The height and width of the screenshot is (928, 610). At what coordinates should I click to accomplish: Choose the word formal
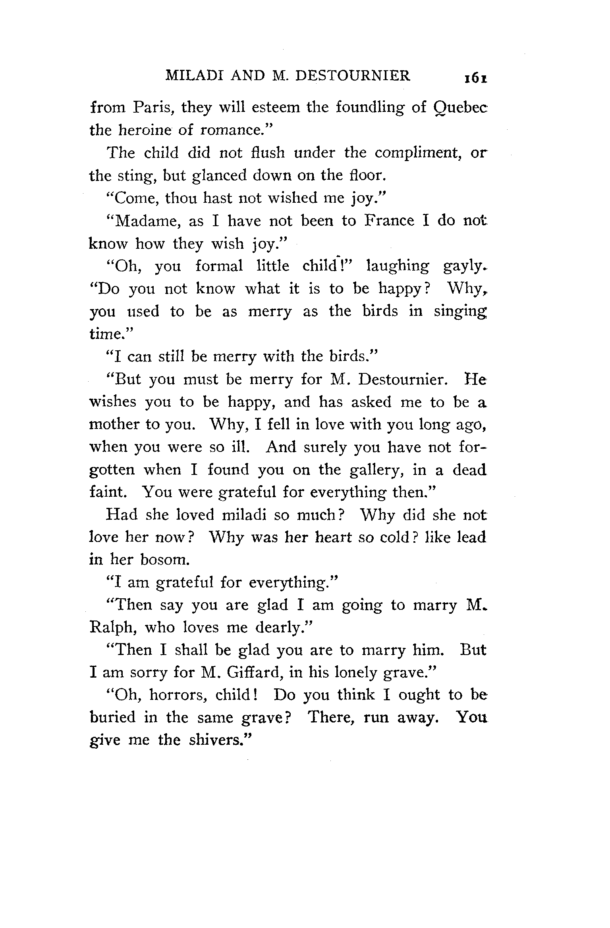point(219,266)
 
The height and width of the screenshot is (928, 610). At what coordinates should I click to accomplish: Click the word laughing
point(398,267)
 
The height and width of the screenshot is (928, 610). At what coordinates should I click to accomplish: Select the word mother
point(115,425)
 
